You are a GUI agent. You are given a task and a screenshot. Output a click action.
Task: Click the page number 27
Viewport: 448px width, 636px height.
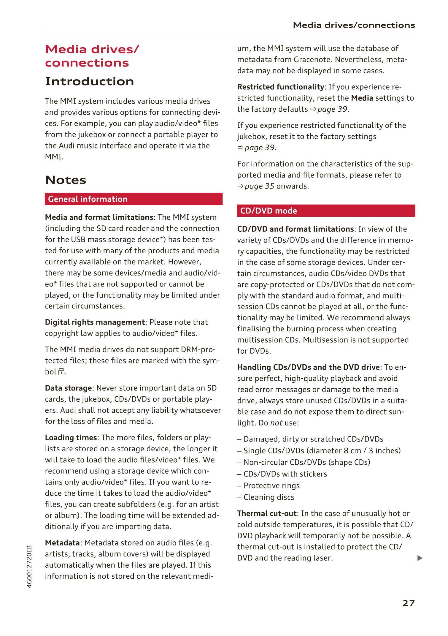click(408, 603)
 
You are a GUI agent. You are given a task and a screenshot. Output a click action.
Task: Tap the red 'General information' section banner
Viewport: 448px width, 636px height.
click(134, 199)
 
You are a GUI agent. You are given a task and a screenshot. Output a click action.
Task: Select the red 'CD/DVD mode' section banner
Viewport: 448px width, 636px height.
click(326, 211)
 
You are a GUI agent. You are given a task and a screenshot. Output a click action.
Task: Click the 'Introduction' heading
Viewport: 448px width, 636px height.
click(89, 81)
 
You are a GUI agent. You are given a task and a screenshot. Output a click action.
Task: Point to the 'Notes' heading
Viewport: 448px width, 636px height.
click(66, 180)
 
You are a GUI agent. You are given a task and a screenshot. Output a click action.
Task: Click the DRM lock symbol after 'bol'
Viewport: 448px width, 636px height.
click(61, 372)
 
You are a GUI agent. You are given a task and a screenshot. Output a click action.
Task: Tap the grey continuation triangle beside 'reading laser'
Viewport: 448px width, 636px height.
click(420, 558)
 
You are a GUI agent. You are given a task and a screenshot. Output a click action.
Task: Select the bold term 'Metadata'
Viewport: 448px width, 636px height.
click(62, 543)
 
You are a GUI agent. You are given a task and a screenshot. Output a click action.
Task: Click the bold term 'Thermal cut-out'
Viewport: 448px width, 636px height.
click(267, 513)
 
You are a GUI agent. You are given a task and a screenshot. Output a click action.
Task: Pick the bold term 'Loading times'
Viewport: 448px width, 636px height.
click(71, 438)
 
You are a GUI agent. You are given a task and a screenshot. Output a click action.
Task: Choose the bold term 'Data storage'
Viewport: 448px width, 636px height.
click(69, 388)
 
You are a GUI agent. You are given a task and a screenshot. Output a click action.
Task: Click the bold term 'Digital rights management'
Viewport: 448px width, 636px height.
click(95, 322)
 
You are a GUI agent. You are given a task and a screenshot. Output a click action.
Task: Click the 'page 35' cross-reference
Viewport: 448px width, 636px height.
click(259, 186)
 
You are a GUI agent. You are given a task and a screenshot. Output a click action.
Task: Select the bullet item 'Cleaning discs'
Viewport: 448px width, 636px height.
click(269, 497)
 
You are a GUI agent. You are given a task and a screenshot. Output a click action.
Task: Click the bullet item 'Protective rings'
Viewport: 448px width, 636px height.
click(271, 485)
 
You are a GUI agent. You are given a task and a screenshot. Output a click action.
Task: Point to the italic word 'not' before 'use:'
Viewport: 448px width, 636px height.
click(276, 423)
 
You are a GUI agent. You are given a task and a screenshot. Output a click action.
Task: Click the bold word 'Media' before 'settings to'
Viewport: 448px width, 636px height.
click(362, 98)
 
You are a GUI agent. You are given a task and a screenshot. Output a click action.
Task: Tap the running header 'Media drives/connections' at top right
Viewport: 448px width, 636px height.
click(354, 25)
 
